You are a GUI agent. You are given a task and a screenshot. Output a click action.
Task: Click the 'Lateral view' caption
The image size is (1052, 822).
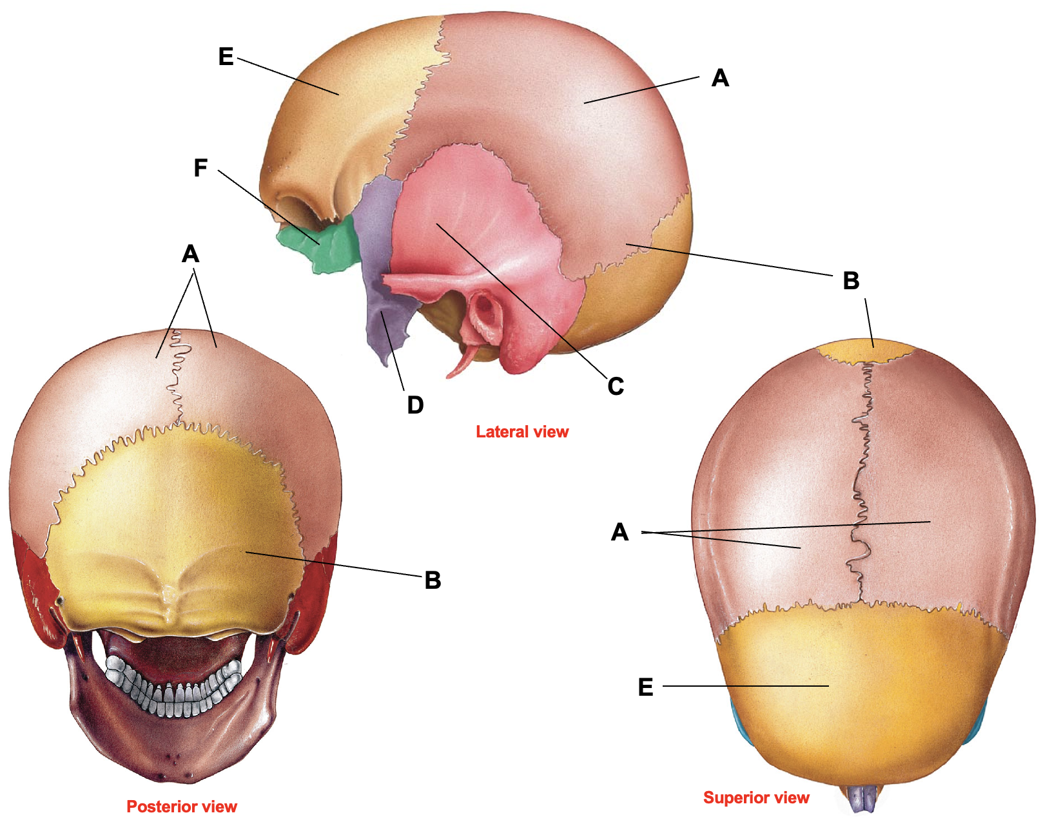[522, 432]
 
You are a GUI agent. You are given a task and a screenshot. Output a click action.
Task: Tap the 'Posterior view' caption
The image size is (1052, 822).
[182, 807]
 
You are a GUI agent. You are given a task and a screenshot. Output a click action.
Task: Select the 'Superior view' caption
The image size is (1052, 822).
[756, 798]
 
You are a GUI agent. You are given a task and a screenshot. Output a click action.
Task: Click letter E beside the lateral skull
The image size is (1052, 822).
[226, 57]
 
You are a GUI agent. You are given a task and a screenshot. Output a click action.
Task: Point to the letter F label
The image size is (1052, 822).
[200, 168]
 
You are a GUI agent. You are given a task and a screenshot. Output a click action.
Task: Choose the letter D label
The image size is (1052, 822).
[415, 405]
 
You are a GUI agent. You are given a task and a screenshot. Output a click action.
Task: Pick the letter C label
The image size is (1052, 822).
[616, 386]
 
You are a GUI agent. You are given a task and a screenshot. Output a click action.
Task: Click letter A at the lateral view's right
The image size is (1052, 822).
[720, 78]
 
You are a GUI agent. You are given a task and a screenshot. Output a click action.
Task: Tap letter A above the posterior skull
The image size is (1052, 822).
[190, 254]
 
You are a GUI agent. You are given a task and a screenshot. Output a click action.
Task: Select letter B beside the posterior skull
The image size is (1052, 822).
[433, 580]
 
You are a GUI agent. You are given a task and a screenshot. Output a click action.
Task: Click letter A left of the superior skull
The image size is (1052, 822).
[619, 532]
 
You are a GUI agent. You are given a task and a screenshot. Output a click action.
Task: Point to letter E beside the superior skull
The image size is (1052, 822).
[645, 687]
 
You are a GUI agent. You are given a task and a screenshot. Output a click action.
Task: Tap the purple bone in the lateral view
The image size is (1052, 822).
[382, 262]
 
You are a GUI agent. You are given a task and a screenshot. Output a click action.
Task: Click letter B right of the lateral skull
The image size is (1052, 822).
[851, 281]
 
